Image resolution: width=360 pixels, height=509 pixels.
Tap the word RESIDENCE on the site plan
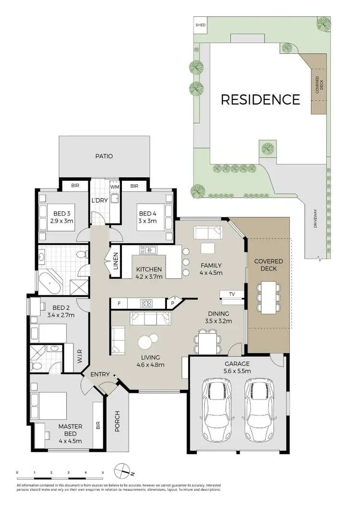tap(260, 100)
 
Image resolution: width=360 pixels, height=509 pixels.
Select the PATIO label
tap(104, 156)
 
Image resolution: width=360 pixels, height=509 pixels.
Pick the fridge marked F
tap(119, 303)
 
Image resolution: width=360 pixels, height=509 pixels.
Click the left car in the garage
tap(216, 403)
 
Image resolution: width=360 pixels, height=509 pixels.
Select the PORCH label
tap(118, 422)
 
